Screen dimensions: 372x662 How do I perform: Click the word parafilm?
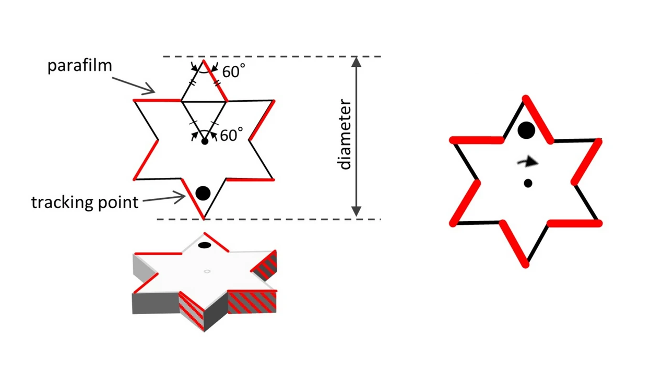(79, 66)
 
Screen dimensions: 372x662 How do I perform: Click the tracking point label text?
(85, 202)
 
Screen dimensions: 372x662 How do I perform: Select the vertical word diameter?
(345, 134)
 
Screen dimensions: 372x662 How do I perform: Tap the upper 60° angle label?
(233, 71)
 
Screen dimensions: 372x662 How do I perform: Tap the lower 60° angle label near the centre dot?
(231, 135)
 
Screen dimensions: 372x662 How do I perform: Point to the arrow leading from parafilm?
(133, 85)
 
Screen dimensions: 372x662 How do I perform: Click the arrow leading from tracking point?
(163, 198)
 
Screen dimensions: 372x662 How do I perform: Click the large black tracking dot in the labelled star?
(203, 194)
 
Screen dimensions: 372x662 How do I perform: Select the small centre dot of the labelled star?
(205, 141)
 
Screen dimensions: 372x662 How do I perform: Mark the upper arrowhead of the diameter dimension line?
(356, 62)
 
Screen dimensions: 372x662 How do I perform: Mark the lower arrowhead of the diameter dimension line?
(356, 211)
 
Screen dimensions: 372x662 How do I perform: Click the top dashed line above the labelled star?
(271, 56)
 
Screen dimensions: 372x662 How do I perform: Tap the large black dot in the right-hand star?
(526, 130)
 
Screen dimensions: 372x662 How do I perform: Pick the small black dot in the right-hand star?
(528, 183)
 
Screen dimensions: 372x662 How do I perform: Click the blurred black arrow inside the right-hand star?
(528, 162)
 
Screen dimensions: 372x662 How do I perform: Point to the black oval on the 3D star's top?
(205, 245)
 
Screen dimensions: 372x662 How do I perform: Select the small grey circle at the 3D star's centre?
(207, 271)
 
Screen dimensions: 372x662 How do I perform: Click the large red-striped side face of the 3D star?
(252, 302)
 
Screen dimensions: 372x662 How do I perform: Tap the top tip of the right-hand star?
(526, 98)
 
